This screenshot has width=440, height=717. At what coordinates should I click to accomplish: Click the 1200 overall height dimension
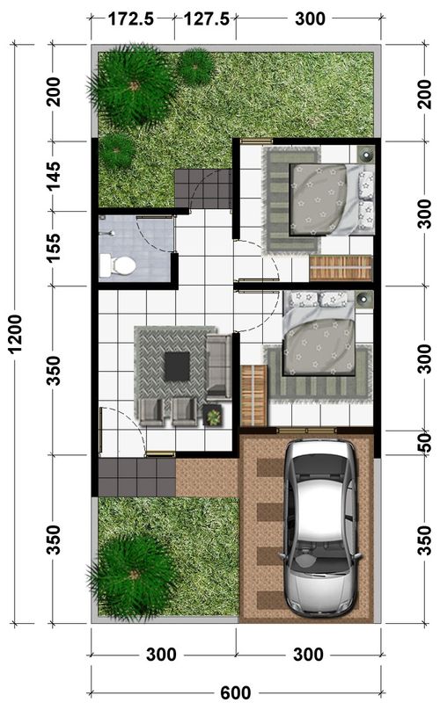point(15,333)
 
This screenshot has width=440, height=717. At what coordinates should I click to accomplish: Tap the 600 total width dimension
point(235,693)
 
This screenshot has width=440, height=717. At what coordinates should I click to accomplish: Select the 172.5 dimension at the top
point(131,19)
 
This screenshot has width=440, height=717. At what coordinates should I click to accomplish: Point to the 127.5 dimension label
point(207,19)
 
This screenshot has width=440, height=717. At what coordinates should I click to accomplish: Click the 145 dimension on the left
point(53,176)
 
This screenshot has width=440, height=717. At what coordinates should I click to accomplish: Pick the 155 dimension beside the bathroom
point(53,248)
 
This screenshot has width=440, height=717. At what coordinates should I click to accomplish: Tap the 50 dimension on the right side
point(425,442)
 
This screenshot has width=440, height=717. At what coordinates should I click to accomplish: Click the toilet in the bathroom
point(118,265)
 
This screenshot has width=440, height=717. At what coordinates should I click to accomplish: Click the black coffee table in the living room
point(177,366)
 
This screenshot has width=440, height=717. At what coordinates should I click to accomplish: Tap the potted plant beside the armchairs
point(213,416)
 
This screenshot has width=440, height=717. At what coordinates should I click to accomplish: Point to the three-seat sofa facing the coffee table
point(219,366)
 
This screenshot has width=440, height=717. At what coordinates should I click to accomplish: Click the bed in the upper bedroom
point(332,200)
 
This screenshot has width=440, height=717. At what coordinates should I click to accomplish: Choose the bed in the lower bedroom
point(319,333)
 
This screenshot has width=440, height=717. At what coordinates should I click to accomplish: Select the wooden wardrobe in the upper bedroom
point(341,268)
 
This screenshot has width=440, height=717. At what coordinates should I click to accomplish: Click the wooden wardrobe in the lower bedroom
point(253,395)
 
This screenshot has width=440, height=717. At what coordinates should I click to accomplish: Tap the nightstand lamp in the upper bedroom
point(366,155)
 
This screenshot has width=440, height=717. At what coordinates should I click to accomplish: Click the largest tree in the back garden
point(133,86)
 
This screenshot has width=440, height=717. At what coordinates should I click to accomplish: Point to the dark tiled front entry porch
point(137,477)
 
